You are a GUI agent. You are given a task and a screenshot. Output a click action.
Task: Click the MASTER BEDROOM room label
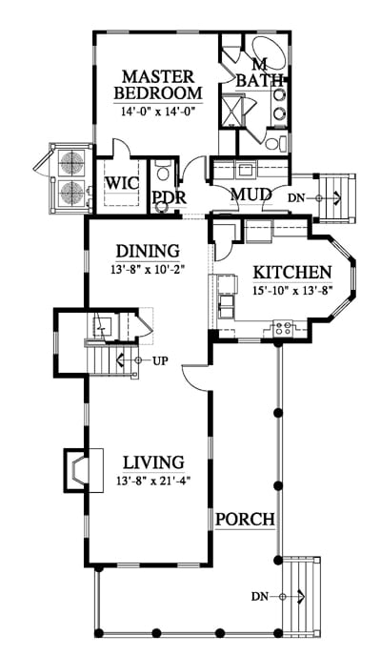(x=158, y=85)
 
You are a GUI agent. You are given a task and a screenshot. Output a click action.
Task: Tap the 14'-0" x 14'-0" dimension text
(x=158, y=112)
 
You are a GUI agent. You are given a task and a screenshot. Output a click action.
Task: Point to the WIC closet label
(x=122, y=183)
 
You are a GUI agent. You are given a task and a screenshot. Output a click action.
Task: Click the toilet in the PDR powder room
(x=163, y=173)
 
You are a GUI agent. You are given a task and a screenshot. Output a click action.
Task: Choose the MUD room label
(x=251, y=195)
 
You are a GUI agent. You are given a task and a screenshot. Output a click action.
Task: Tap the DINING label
(x=148, y=252)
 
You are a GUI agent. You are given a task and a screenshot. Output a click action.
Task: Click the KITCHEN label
(x=292, y=273)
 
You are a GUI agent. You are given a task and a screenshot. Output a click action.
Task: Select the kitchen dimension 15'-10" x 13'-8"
(x=292, y=291)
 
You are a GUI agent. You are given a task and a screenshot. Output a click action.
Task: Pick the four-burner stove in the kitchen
(x=283, y=327)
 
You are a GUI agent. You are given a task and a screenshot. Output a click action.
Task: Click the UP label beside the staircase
(x=160, y=360)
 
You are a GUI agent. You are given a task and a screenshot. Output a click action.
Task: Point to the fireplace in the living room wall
(x=84, y=470)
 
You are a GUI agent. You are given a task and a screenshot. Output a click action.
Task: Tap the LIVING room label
(x=153, y=462)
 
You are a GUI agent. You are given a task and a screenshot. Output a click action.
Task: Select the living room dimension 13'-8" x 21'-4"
(x=153, y=482)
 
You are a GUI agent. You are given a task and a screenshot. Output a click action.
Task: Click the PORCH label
(x=245, y=520)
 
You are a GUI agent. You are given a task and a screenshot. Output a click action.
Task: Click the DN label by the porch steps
(x=259, y=597)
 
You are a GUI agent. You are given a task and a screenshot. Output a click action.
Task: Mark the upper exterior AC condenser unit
(x=71, y=162)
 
